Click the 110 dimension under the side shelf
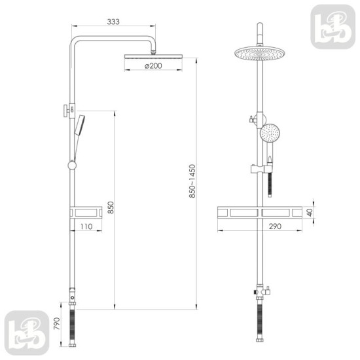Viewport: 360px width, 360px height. click(85, 226)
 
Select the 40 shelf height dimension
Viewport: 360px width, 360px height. click(310, 213)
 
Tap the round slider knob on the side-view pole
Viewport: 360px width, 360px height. click(72, 166)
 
